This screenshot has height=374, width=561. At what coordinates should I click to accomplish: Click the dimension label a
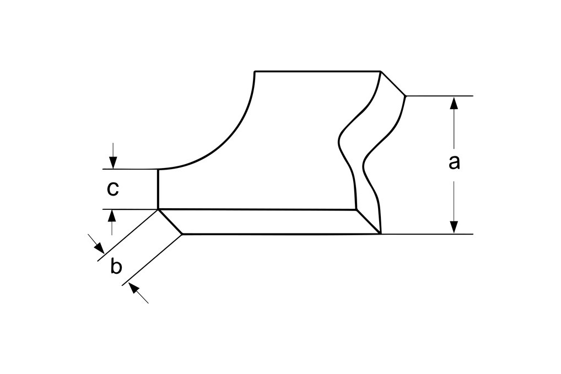tap(454, 162)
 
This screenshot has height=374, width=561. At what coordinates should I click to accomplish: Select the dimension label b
tap(116, 265)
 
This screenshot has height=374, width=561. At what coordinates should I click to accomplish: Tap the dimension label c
tap(113, 189)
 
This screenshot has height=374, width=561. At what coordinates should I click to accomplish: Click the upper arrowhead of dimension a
tap(454, 103)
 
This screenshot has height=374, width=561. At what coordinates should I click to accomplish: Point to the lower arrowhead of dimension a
tap(454, 227)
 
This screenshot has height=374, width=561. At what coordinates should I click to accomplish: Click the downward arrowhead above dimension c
tap(113, 162)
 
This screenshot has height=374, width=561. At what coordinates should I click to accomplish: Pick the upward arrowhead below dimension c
tap(112, 216)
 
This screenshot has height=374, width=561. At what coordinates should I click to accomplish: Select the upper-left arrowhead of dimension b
tap(99, 247)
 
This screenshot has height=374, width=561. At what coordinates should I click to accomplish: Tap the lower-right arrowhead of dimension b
tap(134, 288)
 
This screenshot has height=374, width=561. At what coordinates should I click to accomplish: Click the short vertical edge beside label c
tap(158, 189)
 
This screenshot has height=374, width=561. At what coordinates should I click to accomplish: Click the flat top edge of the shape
tap(317, 72)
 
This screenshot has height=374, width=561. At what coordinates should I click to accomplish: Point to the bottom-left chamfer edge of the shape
tap(170, 221)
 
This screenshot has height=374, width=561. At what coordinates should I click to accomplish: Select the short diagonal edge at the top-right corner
tap(393, 84)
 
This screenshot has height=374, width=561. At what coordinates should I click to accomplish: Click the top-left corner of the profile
tap(255, 72)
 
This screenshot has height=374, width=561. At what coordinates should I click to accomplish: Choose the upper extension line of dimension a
tap(440, 96)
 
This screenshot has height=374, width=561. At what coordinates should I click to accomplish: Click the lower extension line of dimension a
tap(427, 234)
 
